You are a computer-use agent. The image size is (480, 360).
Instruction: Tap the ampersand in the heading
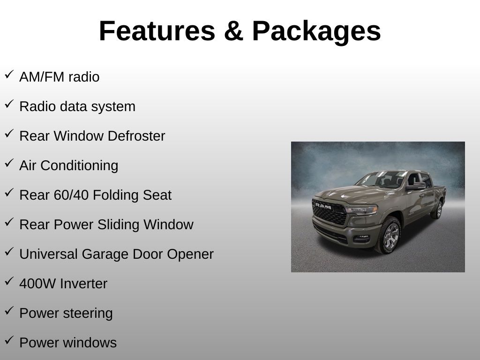pyautogui.click(x=233, y=31)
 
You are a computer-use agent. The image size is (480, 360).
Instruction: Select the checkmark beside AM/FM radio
pyautogui.click(x=9, y=75)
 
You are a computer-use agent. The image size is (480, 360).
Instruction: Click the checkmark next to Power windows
pyautogui.click(x=9, y=340)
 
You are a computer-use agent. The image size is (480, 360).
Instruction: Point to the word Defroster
pyautogui.click(x=136, y=136)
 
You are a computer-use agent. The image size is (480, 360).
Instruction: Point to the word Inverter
pyautogui.click(x=83, y=284)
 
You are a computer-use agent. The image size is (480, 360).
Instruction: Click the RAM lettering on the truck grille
pyautogui.click(x=323, y=206)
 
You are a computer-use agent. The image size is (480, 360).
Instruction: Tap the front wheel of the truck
pyautogui.click(x=389, y=236)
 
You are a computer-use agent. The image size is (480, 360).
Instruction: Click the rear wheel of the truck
pyautogui.click(x=438, y=210)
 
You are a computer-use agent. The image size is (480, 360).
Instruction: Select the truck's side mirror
pyautogui.click(x=416, y=186)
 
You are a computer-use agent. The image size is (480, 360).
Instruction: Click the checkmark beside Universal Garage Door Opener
pyautogui.click(x=9, y=252)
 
